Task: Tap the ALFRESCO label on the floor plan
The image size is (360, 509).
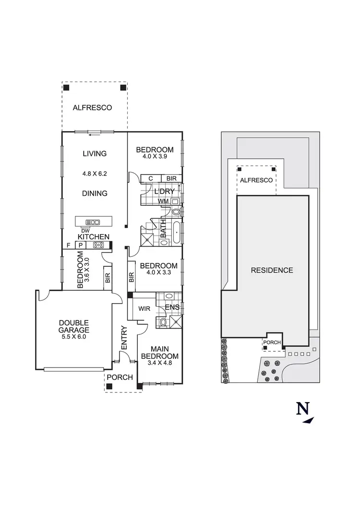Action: click(x=92, y=107)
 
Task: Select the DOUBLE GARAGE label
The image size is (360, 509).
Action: click(x=74, y=326)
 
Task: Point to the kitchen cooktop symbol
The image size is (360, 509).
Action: click(x=99, y=245)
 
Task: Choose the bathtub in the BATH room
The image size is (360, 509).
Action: click(x=177, y=233)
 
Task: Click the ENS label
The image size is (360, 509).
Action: click(x=172, y=307)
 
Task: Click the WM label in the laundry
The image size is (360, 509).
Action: click(x=164, y=201)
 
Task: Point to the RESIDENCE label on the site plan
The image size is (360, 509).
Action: click(x=272, y=270)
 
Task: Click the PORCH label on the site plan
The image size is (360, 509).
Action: click(x=272, y=342)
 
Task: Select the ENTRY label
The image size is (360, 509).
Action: click(x=124, y=338)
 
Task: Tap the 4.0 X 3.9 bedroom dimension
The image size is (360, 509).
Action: click(x=155, y=156)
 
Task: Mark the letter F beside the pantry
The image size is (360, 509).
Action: click(x=69, y=245)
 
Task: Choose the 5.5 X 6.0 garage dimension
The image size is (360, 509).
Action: click(x=74, y=337)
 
